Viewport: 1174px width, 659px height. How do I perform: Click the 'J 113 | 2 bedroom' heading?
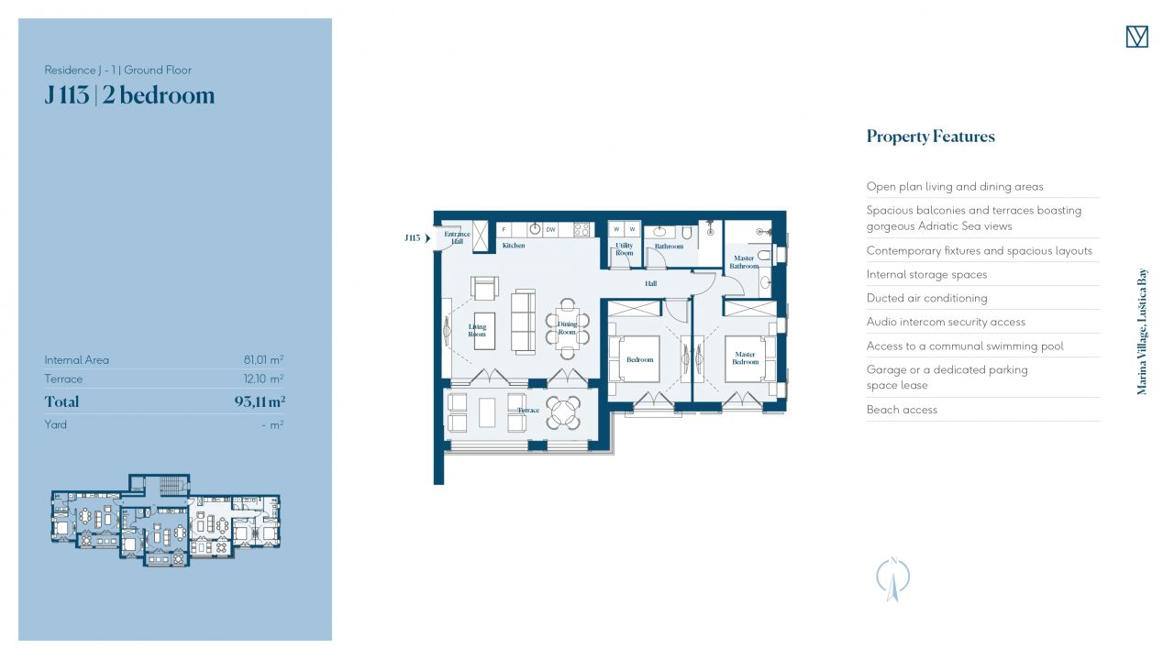[x=129, y=95]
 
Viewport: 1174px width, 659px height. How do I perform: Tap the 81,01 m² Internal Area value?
[x=263, y=360]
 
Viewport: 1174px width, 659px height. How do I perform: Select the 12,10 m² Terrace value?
[x=263, y=379]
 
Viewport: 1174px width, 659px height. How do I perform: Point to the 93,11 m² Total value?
[x=260, y=401]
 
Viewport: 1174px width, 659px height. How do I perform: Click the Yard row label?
[x=56, y=424]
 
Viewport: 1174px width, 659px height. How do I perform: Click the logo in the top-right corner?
[x=1136, y=37]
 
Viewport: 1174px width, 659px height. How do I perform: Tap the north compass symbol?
[x=893, y=579]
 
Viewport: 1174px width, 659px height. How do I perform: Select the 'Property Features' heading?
[x=930, y=137]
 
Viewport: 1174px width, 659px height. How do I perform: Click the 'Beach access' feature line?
[x=902, y=410]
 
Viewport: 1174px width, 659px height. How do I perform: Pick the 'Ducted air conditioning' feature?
[x=926, y=298]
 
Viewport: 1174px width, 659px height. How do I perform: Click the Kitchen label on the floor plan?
[x=514, y=245]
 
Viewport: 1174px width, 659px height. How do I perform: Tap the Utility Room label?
[x=625, y=248]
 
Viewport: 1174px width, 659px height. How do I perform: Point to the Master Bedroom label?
[x=745, y=357]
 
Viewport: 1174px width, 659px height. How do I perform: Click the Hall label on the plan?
[x=650, y=283]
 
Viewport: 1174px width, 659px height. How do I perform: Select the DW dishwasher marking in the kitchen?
[x=550, y=229]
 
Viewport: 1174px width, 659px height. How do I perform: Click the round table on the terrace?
[x=563, y=412]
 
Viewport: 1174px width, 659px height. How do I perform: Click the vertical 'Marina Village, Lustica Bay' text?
[x=1142, y=332]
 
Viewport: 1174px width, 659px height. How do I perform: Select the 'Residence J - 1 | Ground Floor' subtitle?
[x=118, y=70]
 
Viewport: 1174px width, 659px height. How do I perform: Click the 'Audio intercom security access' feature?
[x=946, y=322]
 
